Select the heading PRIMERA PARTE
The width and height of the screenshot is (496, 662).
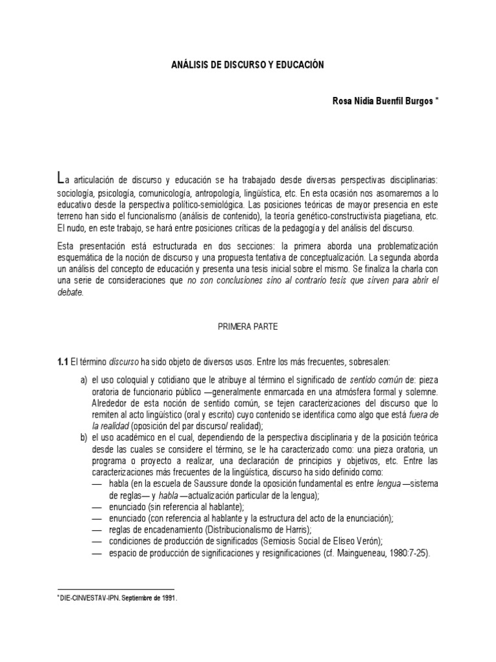247,327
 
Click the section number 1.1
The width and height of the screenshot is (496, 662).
62,362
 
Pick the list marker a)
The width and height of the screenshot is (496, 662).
84,379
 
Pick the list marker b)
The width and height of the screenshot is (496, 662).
84,438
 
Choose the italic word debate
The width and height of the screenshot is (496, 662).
70,293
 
